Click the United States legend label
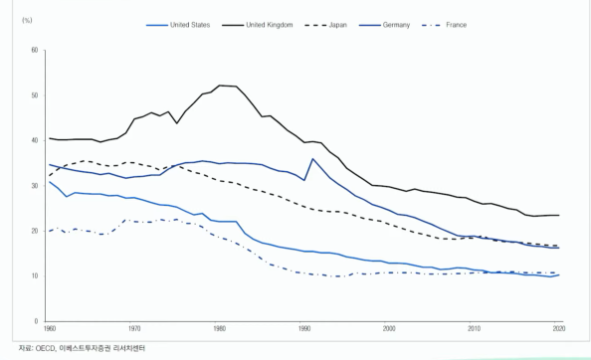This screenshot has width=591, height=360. click(x=190, y=25)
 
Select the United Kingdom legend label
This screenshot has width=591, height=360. click(x=269, y=25)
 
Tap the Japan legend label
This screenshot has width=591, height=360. click(x=337, y=25)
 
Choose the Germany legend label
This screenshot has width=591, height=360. click(x=396, y=25)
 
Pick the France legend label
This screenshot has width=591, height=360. click(x=456, y=25)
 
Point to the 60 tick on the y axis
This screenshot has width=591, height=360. click(x=35, y=50)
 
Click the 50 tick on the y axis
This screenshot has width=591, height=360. click(x=35, y=95)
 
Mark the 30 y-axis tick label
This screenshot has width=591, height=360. click(x=35, y=186)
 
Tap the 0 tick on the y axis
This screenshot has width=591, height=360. click(x=37, y=321)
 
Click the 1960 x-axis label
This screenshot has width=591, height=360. click(x=50, y=329)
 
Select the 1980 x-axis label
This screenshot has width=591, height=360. click(x=219, y=329)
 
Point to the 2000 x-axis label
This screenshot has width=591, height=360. click(x=389, y=329)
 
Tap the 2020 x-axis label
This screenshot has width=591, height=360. click(x=559, y=329)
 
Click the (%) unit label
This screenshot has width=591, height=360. click(x=27, y=20)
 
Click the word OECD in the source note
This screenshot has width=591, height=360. click(x=46, y=348)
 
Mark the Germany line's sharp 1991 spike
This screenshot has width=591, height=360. click(x=312, y=158)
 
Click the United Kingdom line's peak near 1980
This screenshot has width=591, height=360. click(x=219, y=86)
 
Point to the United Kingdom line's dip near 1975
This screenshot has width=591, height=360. click(x=177, y=123)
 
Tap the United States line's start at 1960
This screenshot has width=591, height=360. click(x=50, y=182)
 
